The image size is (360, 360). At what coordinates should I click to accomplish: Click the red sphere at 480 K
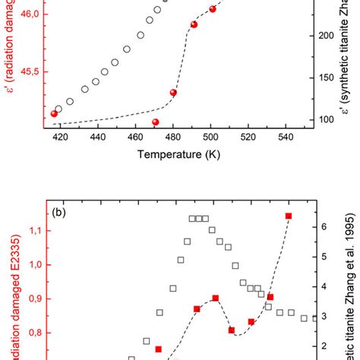173,93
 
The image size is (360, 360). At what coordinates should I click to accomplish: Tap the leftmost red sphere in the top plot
54,114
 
